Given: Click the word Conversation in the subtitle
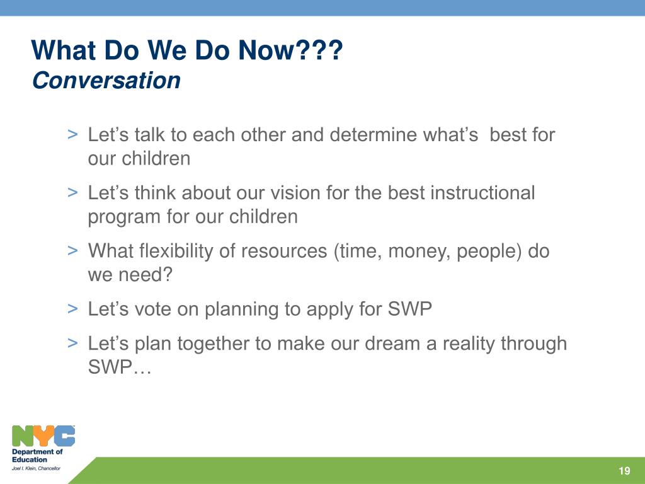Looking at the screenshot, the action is [x=106, y=80].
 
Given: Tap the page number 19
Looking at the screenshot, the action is [x=624, y=471].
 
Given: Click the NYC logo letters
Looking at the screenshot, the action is [x=43, y=436].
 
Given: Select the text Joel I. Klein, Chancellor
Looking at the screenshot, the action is [x=36, y=468].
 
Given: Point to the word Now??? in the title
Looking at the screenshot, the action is [x=290, y=50].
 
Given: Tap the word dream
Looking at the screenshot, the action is [x=392, y=343].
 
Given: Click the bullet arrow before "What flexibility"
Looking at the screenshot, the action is [x=72, y=250].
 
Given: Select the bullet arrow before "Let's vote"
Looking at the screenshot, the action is [x=72, y=308].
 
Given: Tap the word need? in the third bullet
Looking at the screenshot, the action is [x=146, y=275].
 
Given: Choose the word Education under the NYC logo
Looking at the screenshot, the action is [x=30, y=459].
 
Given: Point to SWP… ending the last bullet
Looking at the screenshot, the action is [x=120, y=367].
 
